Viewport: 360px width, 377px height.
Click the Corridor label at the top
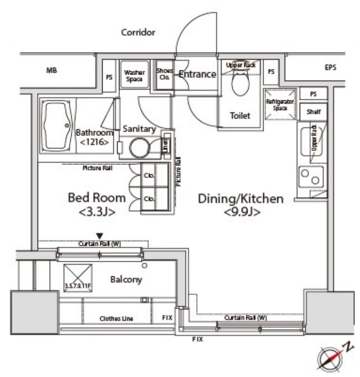138,33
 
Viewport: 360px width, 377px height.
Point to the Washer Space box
134,76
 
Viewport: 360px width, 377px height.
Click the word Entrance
197,74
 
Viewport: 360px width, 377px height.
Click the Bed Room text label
97,198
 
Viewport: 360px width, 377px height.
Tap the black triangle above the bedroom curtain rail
100,236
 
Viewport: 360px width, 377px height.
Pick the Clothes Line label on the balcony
116,319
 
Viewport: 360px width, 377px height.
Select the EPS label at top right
330,68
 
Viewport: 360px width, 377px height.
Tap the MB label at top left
52,70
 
